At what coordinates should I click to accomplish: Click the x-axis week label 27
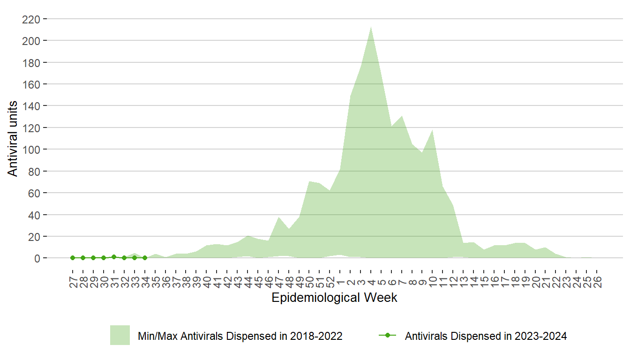point(73,281)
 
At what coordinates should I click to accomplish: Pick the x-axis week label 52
point(330,281)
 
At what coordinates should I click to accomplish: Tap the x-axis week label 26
point(598,281)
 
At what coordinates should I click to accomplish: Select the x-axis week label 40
point(207,281)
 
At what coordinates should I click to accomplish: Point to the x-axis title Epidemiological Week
point(334,298)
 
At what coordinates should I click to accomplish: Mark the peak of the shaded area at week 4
point(371,27)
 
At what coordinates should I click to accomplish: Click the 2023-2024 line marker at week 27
point(73,258)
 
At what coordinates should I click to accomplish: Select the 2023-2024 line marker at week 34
point(145,258)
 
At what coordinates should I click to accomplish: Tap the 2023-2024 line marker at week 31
point(114,257)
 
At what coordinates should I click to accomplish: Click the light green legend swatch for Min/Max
point(120,336)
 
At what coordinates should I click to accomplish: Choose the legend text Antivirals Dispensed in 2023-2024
point(486,336)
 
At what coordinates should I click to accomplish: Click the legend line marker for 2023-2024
point(387,336)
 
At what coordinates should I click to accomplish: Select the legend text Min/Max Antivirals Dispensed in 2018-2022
point(240,336)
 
